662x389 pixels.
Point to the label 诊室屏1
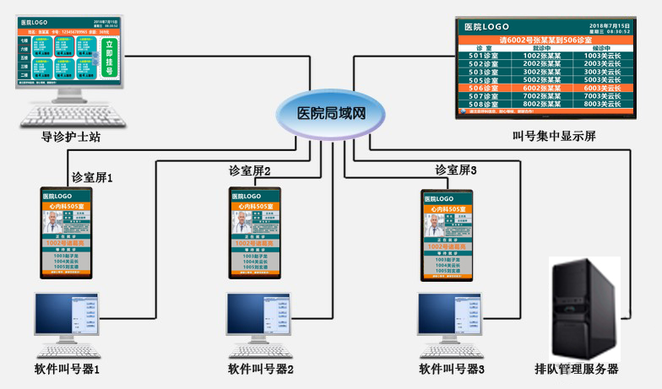coord(92,178)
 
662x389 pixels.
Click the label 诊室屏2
coord(250,171)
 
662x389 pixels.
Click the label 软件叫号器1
coord(68,369)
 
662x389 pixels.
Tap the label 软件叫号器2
coord(261,369)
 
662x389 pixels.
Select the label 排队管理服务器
coord(577,369)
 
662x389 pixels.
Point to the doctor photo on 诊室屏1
coord(53,224)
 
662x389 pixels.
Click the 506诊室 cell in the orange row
coord(483,88)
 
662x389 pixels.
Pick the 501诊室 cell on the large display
coord(483,57)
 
